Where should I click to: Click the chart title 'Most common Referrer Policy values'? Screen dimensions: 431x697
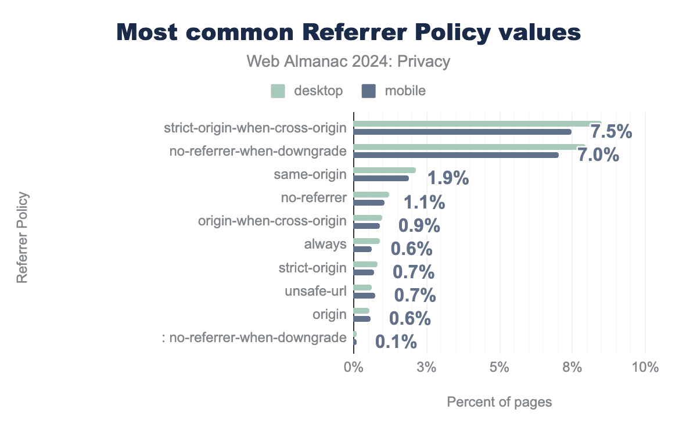point(348,33)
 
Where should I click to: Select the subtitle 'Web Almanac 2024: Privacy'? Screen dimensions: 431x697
point(348,62)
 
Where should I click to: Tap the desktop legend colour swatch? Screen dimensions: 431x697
point(278,91)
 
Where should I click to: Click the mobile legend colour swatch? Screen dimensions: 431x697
point(369,91)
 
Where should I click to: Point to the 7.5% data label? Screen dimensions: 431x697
point(611,132)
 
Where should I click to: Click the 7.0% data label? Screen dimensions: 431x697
point(598,156)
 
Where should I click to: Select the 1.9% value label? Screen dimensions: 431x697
point(448,178)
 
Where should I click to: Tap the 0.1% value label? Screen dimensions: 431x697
point(396,342)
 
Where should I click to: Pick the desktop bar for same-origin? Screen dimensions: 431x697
point(385,170)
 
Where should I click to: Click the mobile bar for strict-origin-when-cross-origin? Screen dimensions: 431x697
point(462,132)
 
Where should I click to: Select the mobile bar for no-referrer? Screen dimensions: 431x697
point(369,203)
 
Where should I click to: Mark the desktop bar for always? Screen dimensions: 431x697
point(367,241)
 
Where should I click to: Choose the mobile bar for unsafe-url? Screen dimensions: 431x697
point(364,296)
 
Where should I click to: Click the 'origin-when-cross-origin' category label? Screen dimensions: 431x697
point(272,221)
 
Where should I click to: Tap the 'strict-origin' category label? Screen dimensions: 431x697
point(312,268)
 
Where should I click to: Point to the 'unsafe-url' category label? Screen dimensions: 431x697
point(315,291)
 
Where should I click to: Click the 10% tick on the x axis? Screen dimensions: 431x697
point(645,368)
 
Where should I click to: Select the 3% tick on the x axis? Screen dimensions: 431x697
point(426,368)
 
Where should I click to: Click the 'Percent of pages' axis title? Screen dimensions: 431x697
point(499,402)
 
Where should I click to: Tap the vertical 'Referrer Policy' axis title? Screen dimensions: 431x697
point(22,238)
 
